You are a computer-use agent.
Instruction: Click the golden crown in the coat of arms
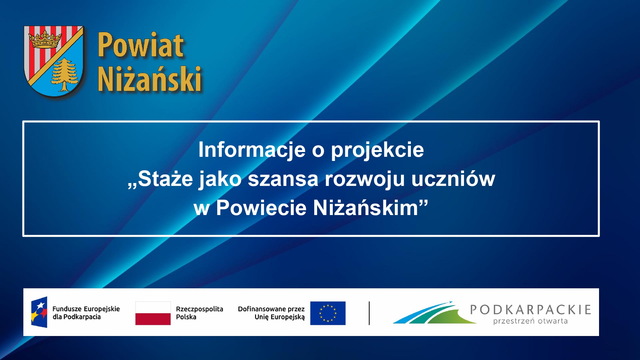[45, 39]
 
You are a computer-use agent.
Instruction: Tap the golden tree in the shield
[65, 75]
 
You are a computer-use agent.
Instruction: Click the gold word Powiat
[140, 45]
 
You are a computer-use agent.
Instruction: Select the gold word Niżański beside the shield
[149, 79]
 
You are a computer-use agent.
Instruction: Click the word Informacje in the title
[252, 150]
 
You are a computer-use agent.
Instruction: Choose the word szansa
[283, 179]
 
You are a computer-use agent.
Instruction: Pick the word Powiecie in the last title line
[261, 208]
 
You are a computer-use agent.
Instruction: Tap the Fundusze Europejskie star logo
[39, 312]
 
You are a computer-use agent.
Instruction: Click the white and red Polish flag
[153, 313]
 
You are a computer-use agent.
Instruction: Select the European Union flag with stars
[328, 313]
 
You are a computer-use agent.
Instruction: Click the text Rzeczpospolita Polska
[199, 313]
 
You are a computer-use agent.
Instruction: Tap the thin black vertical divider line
[369, 313]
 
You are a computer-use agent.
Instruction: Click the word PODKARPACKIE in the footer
[531, 310]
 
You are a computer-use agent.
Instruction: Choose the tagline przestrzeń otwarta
[530, 321]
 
